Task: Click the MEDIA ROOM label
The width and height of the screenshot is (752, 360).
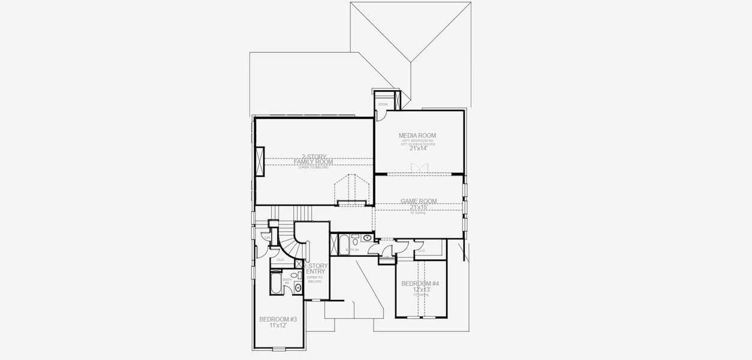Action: (x=417, y=136)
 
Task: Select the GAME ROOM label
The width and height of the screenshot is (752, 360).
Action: (x=419, y=202)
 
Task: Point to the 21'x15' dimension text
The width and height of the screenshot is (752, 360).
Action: (x=419, y=208)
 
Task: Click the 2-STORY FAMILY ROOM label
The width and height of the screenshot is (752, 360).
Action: (x=314, y=160)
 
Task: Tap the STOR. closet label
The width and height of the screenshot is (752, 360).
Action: (x=382, y=104)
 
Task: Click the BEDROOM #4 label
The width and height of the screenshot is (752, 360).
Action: (x=420, y=283)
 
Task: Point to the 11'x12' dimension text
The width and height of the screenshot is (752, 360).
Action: (x=278, y=325)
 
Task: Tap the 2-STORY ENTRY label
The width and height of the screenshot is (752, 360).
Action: (x=315, y=268)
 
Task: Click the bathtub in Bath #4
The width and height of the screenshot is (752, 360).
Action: (x=345, y=244)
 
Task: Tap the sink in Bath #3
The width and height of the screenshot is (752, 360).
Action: (x=297, y=288)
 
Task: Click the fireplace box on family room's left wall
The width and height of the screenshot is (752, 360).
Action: (x=260, y=161)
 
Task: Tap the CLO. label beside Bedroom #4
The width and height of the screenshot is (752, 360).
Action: (x=421, y=251)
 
